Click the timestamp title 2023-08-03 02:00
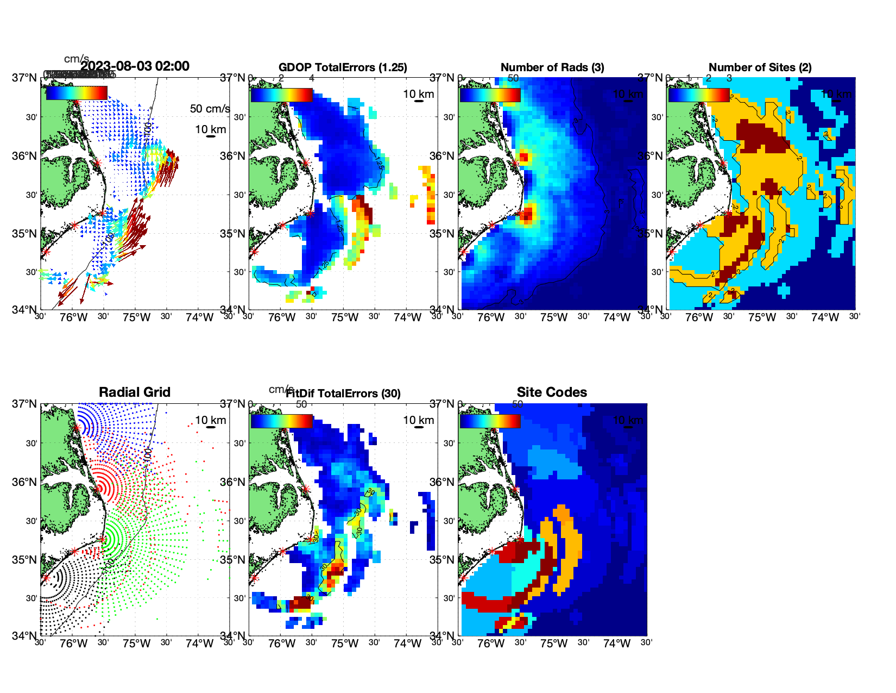pos(135,66)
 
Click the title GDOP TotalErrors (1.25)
pos(343,67)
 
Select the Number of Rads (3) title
pos(552,67)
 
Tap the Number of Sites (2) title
pos(760,67)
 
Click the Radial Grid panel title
pos(135,392)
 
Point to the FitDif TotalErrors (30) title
pos(343,394)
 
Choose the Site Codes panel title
pos(552,392)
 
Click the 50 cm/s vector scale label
pos(210,109)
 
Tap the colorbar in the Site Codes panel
pos(490,421)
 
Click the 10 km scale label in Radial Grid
pos(210,420)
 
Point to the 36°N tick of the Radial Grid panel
pos(25,482)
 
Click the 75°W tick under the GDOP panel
pos(344,317)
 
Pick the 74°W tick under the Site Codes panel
pos(616,644)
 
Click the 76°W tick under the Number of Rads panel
pos(490,317)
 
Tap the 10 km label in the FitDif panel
pos(418,420)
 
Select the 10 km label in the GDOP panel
pos(418,94)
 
